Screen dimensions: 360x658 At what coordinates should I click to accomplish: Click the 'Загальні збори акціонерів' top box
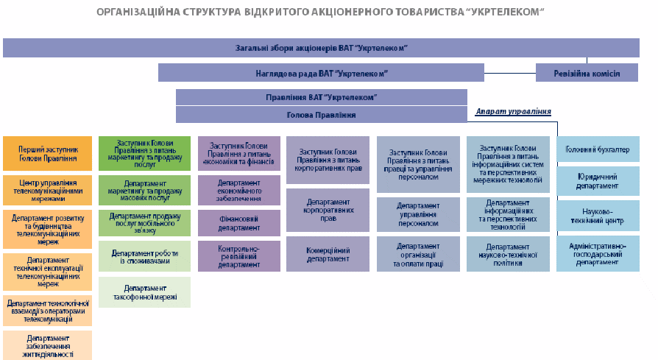pos(321,48)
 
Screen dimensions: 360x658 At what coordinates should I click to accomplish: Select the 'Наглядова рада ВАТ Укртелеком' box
pos(321,73)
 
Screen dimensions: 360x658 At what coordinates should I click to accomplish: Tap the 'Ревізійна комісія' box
pos(587,73)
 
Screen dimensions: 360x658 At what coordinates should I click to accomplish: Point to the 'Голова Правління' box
pos(321,115)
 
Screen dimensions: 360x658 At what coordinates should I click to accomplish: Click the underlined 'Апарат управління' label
pos(513,111)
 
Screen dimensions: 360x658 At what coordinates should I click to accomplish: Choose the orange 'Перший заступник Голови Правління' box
pos(48,153)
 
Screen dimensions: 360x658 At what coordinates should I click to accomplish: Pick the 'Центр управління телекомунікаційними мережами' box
pos(48,190)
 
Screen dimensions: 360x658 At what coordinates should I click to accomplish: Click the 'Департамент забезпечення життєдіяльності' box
pos(48,345)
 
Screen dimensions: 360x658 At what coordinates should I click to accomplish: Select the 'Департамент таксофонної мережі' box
pos(144,292)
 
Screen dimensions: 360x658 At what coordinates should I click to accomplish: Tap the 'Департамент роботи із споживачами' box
pos(144,255)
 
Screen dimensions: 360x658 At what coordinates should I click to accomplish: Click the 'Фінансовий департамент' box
pos(238,223)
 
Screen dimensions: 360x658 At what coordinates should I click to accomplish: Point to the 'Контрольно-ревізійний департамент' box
pos(238,255)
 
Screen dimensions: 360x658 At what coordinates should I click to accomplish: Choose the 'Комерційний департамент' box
pos(327,253)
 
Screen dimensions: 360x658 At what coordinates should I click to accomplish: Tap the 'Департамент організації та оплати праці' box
pos(417,253)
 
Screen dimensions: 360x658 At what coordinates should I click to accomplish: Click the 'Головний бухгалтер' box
pos(598,149)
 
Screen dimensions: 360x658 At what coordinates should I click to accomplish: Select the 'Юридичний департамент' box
pos(598,181)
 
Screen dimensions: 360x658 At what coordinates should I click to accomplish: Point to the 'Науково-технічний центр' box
pos(598,216)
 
